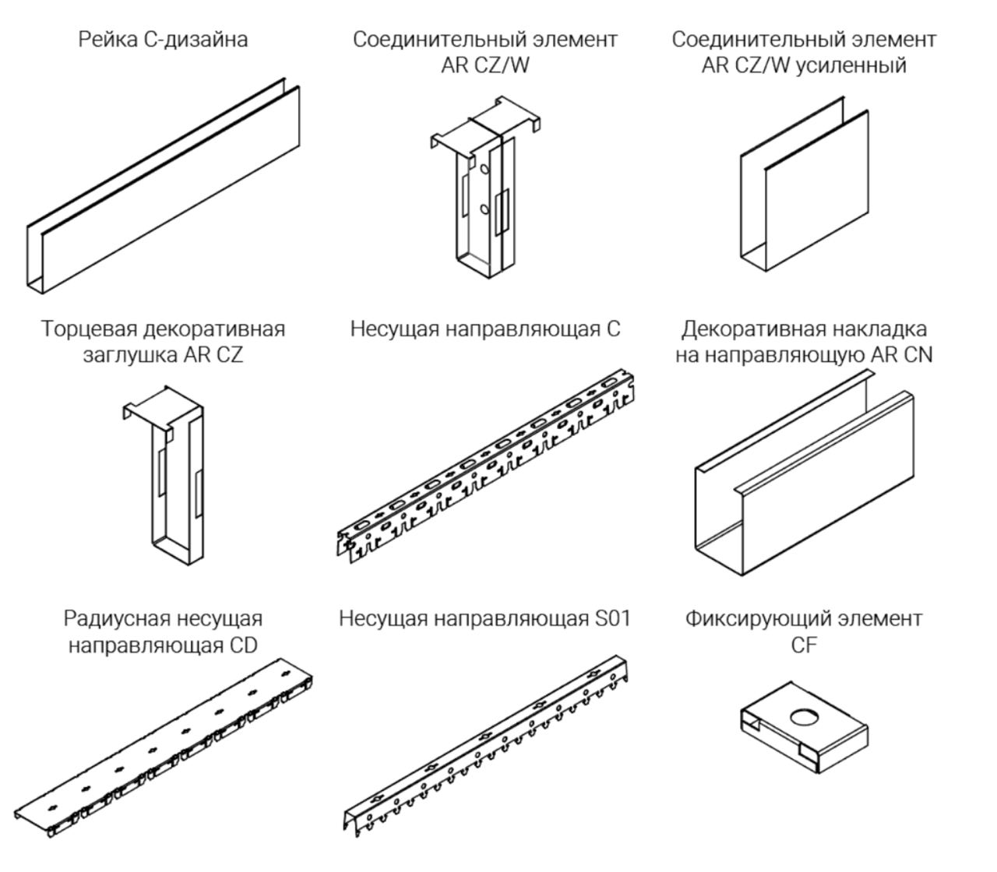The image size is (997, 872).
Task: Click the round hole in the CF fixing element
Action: pos(804,718)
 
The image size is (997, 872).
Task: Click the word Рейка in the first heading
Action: pos(107,40)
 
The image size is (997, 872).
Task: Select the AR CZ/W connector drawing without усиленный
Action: pos(485,187)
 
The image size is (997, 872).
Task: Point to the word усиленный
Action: pos(852,65)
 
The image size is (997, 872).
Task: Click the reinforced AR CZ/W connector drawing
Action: pos(804,185)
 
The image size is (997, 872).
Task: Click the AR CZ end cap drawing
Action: pos(164,476)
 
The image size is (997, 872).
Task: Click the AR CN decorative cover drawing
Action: pos(804,473)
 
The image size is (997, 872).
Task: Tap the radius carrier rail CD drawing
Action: pos(164,748)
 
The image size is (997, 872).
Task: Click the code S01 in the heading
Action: pos(613,619)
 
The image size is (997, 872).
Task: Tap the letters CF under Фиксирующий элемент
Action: pos(804,645)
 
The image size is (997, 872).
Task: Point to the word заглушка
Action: pos(129,356)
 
